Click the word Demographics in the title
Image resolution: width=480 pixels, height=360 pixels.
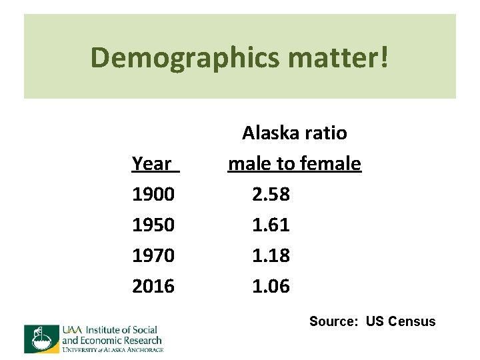[185, 58]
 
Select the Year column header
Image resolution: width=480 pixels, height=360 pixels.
[153, 163]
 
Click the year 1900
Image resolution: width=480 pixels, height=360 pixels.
[153, 194]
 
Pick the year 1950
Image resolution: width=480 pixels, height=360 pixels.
[153, 225]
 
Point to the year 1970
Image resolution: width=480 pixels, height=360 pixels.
[153, 255]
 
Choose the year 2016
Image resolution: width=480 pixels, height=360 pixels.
[153, 286]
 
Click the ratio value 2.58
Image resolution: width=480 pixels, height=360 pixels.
[271, 194]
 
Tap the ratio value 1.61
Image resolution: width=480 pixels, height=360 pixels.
[271, 225]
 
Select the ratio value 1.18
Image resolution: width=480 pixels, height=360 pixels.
[271, 255]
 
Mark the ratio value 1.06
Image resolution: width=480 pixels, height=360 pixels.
[271, 286]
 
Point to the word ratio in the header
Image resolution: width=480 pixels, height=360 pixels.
[327, 133]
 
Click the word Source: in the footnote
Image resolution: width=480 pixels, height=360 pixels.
[334, 321]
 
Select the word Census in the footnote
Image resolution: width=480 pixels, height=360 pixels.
[411, 321]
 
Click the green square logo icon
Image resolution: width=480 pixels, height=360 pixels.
[41, 339]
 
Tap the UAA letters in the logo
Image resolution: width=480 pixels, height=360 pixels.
[72, 329]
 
